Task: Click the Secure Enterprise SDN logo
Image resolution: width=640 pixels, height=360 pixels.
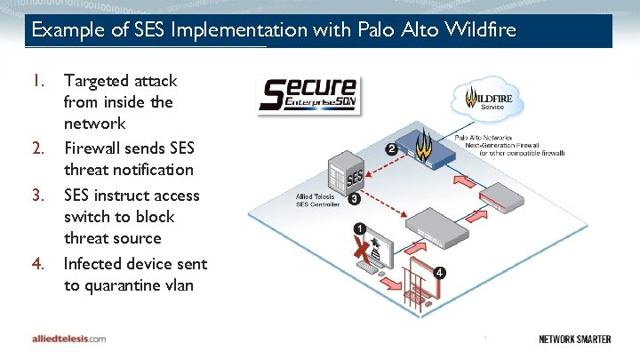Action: click(308, 95)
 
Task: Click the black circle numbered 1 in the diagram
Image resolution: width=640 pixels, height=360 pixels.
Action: click(359, 228)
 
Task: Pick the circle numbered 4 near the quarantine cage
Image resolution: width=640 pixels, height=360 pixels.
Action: click(440, 271)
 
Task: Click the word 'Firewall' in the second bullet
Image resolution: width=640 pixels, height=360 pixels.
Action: click(93, 147)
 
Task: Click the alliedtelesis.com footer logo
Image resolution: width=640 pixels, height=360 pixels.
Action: click(68, 339)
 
